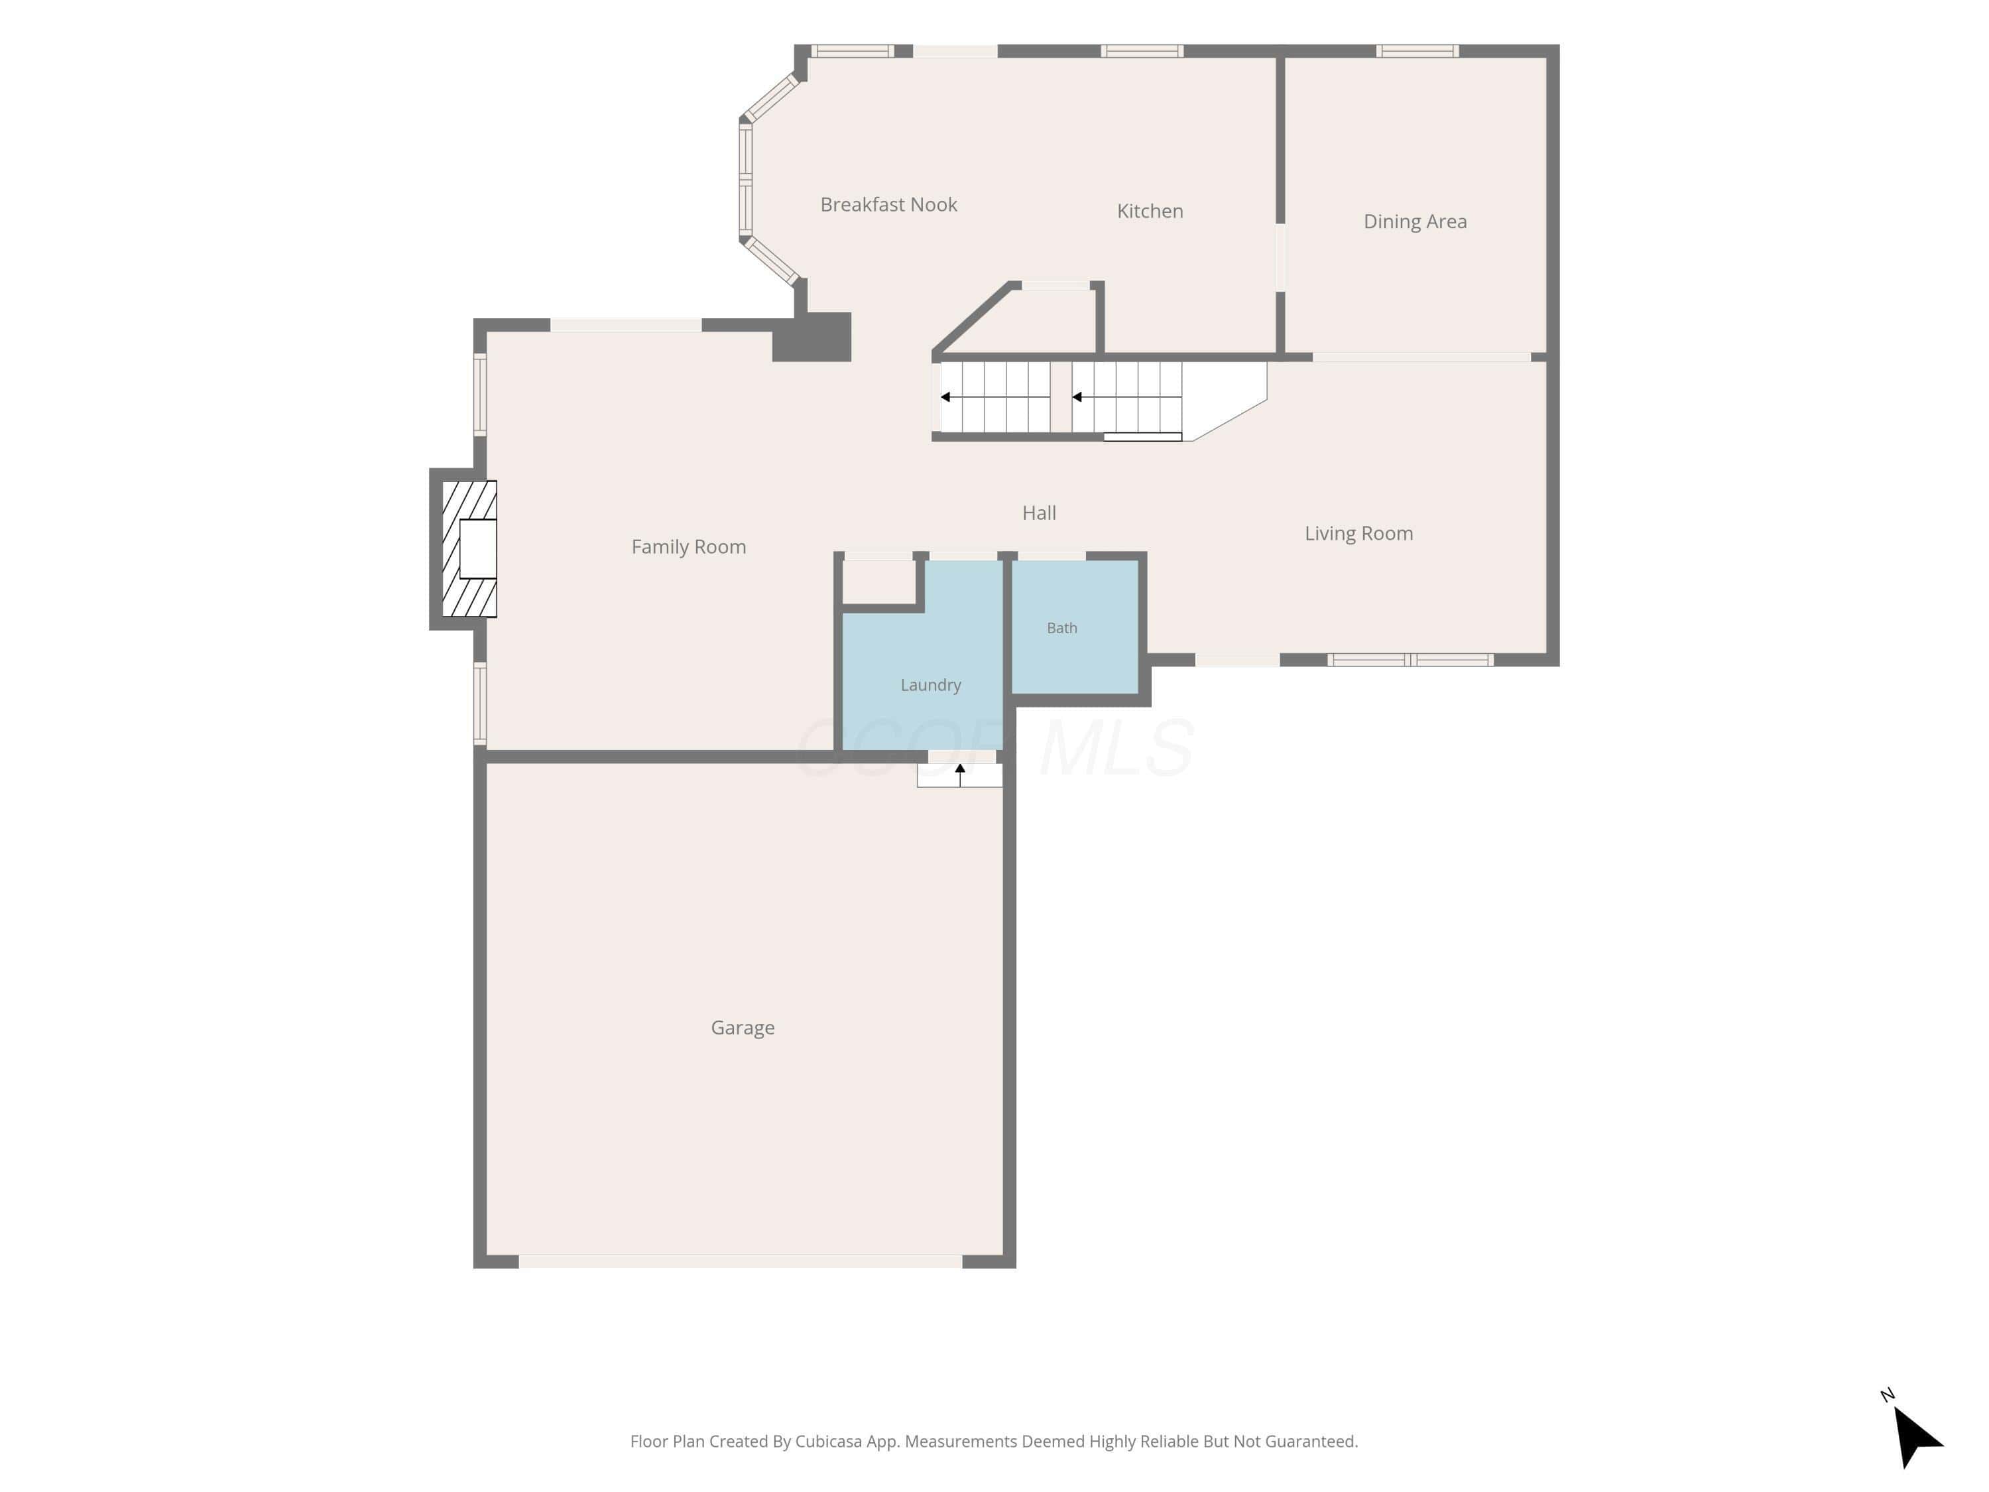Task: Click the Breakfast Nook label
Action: [888, 204]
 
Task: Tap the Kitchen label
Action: [1150, 210]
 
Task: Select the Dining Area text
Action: [1416, 221]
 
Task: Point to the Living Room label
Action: [1358, 533]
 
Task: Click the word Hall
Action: [1040, 513]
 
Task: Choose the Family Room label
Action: [689, 547]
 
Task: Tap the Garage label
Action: [743, 1027]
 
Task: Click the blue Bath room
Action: [1075, 627]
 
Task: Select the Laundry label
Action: [931, 684]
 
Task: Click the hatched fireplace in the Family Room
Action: [469, 548]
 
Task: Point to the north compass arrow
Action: [1915, 1436]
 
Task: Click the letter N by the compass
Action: [1888, 1395]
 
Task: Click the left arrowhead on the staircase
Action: [945, 397]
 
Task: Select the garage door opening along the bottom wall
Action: [740, 1262]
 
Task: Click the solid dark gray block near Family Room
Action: [812, 338]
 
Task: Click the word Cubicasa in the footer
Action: [828, 1442]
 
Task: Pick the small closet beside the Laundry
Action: [878, 583]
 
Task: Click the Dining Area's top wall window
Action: [1417, 51]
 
